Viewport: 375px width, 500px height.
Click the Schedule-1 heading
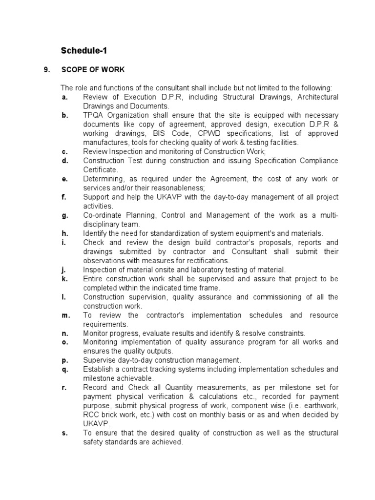(83, 50)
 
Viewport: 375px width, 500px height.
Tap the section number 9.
(47, 70)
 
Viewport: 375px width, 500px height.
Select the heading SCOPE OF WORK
(93, 70)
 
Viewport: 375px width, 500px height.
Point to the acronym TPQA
(94, 115)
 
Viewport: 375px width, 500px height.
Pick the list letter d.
(64, 161)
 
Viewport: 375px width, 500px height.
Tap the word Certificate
(100, 170)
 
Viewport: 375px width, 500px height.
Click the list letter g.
(64, 215)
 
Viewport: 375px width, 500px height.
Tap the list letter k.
(64, 279)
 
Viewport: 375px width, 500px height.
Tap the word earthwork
(321, 406)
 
